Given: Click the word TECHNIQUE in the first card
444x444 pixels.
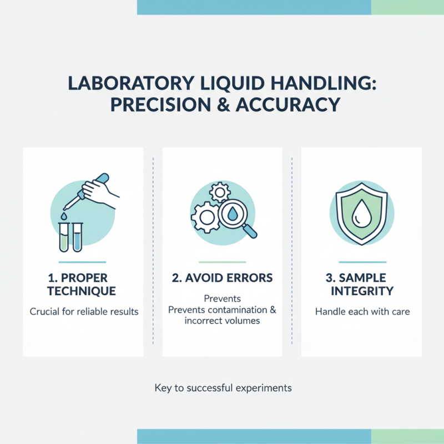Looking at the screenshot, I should [x=82, y=291].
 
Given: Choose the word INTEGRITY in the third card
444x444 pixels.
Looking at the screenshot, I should [x=361, y=291].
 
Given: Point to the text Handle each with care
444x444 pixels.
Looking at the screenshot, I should [x=362, y=311].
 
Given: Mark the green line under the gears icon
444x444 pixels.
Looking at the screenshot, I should [x=222, y=261].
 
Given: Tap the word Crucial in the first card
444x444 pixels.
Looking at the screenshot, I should [x=46, y=311].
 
